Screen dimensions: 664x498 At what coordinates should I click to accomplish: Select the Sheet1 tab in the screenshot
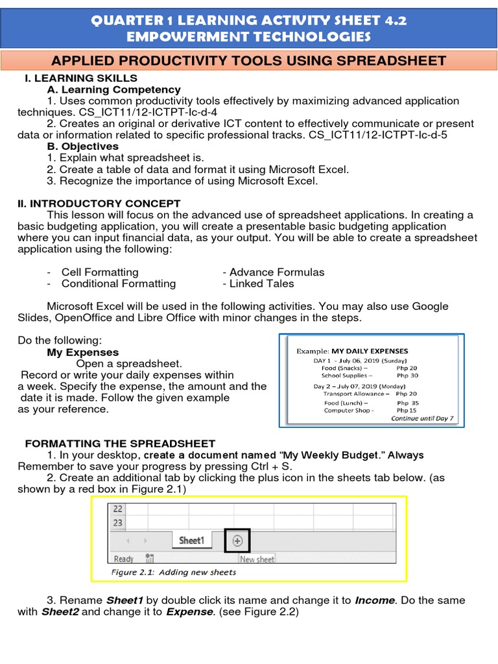point(191,540)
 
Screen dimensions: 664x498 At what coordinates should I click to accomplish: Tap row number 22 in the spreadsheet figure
point(117,509)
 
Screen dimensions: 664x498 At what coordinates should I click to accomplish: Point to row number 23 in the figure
point(117,523)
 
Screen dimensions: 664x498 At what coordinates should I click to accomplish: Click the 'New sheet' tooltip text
point(257,559)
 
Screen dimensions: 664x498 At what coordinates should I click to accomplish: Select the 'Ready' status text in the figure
point(123,559)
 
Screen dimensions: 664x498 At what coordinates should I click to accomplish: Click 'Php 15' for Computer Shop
point(407,410)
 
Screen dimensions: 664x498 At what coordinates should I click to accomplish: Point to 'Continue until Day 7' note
point(422,419)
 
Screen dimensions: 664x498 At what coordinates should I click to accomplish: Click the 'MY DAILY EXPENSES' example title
point(370,351)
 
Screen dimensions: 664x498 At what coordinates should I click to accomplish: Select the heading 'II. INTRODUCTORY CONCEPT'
point(99,204)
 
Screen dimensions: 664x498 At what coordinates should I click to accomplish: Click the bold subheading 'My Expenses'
point(82,353)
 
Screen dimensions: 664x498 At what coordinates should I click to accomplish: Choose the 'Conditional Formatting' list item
point(118,283)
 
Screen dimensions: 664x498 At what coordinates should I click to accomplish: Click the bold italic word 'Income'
point(375,600)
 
